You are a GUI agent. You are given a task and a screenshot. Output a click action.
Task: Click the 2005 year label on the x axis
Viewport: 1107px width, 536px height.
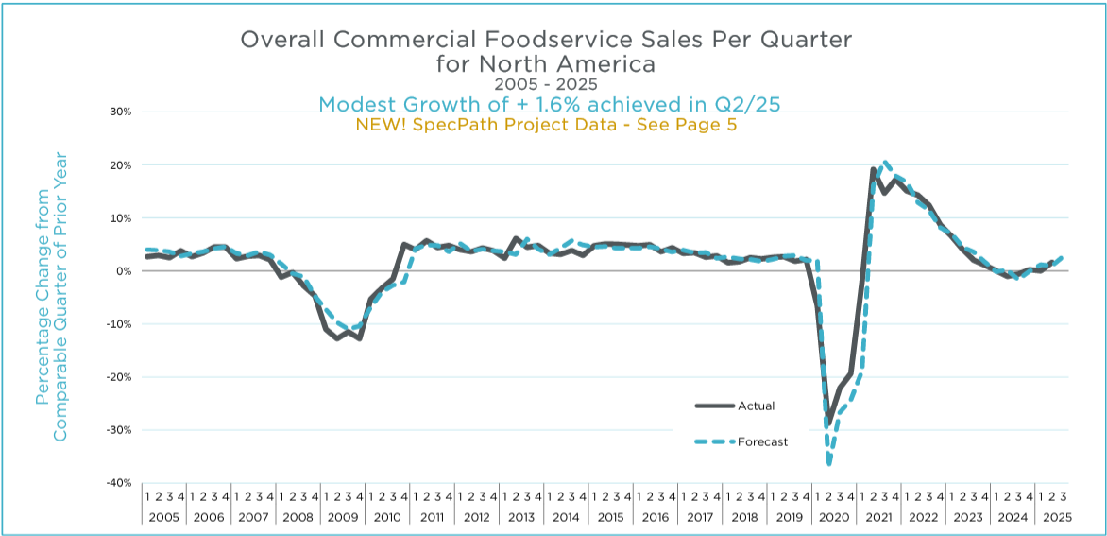[163, 517]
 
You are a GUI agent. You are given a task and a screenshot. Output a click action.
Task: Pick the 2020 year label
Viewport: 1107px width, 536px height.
[833, 517]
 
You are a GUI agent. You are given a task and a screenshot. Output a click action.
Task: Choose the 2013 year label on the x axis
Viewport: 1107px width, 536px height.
[520, 517]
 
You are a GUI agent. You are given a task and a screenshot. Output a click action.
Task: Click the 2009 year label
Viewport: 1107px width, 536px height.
[342, 517]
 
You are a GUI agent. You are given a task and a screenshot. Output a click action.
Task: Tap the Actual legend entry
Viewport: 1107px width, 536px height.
[756, 406]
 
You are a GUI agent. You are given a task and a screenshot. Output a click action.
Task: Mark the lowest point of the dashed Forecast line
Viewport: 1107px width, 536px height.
[829, 464]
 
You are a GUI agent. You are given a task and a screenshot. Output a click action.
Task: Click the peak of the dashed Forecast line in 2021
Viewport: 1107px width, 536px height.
[885, 162]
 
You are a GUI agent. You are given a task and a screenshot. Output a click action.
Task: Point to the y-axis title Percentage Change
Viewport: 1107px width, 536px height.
[42, 278]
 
